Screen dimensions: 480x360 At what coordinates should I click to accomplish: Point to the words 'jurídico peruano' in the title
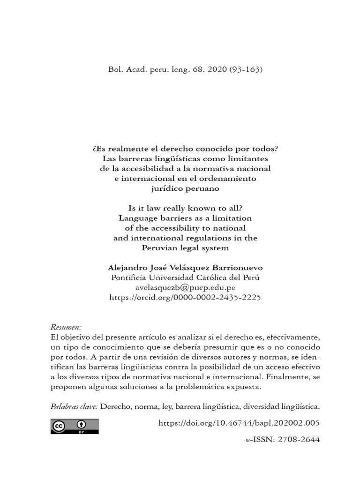click(185, 188)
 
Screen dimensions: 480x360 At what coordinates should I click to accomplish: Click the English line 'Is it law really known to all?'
click(185, 208)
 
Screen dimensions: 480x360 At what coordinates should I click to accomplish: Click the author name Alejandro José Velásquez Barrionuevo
click(185, 267)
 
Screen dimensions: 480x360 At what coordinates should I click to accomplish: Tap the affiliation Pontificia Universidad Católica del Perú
click(185, 277)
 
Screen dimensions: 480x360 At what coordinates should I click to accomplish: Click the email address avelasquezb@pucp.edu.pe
click(185, 287)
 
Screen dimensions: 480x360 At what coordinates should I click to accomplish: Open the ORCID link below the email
click(185, 297)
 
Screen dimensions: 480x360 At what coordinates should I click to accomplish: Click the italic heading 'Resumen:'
click(66, 327)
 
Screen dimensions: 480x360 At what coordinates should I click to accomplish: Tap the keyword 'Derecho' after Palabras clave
click(114, 406)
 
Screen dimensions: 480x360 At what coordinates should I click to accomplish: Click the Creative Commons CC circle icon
click(59, 426)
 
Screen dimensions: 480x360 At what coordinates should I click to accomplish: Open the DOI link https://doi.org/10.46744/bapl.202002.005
click(239, 423)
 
